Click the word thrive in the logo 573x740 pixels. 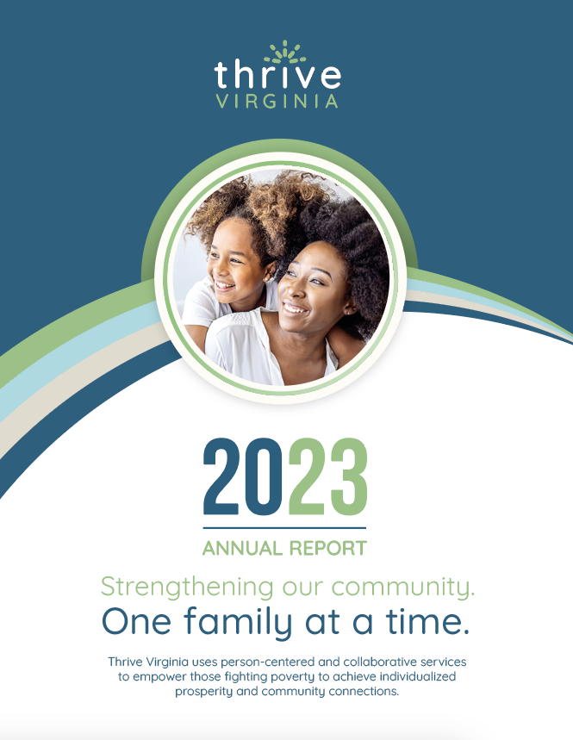click(277, 75)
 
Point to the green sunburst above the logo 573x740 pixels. click(284, 53)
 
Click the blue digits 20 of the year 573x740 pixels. click(245, 476)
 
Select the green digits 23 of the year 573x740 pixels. click(327, 476)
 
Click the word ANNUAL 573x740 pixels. click(241, 548)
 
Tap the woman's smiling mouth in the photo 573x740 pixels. click(296, 307)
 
